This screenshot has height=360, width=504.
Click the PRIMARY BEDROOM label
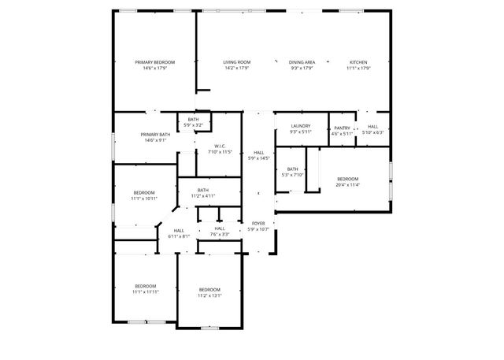tap(154, 62)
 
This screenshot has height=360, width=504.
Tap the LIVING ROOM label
tap(237, 62)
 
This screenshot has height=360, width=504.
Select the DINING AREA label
tap(302, 62)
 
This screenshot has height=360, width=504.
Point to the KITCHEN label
tap(358, 62)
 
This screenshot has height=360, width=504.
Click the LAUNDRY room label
tap(301, 125)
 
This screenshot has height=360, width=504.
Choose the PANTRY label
tap(342, 128)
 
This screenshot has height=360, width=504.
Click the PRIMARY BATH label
tap(154, 135)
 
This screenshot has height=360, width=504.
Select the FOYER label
tap(258, 223)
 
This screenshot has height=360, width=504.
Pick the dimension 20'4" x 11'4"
tap(347, 185)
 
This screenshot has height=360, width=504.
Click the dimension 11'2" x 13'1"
tap(209, 295)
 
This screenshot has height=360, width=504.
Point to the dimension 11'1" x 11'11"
tap(145, 292)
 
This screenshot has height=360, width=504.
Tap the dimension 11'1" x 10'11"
tap(143, 199)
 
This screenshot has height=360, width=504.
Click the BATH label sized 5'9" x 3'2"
tap(193, 124)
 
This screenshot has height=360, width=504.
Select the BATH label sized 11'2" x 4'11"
tap(203, 195)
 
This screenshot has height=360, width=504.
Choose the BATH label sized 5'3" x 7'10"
tap(292, 175)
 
